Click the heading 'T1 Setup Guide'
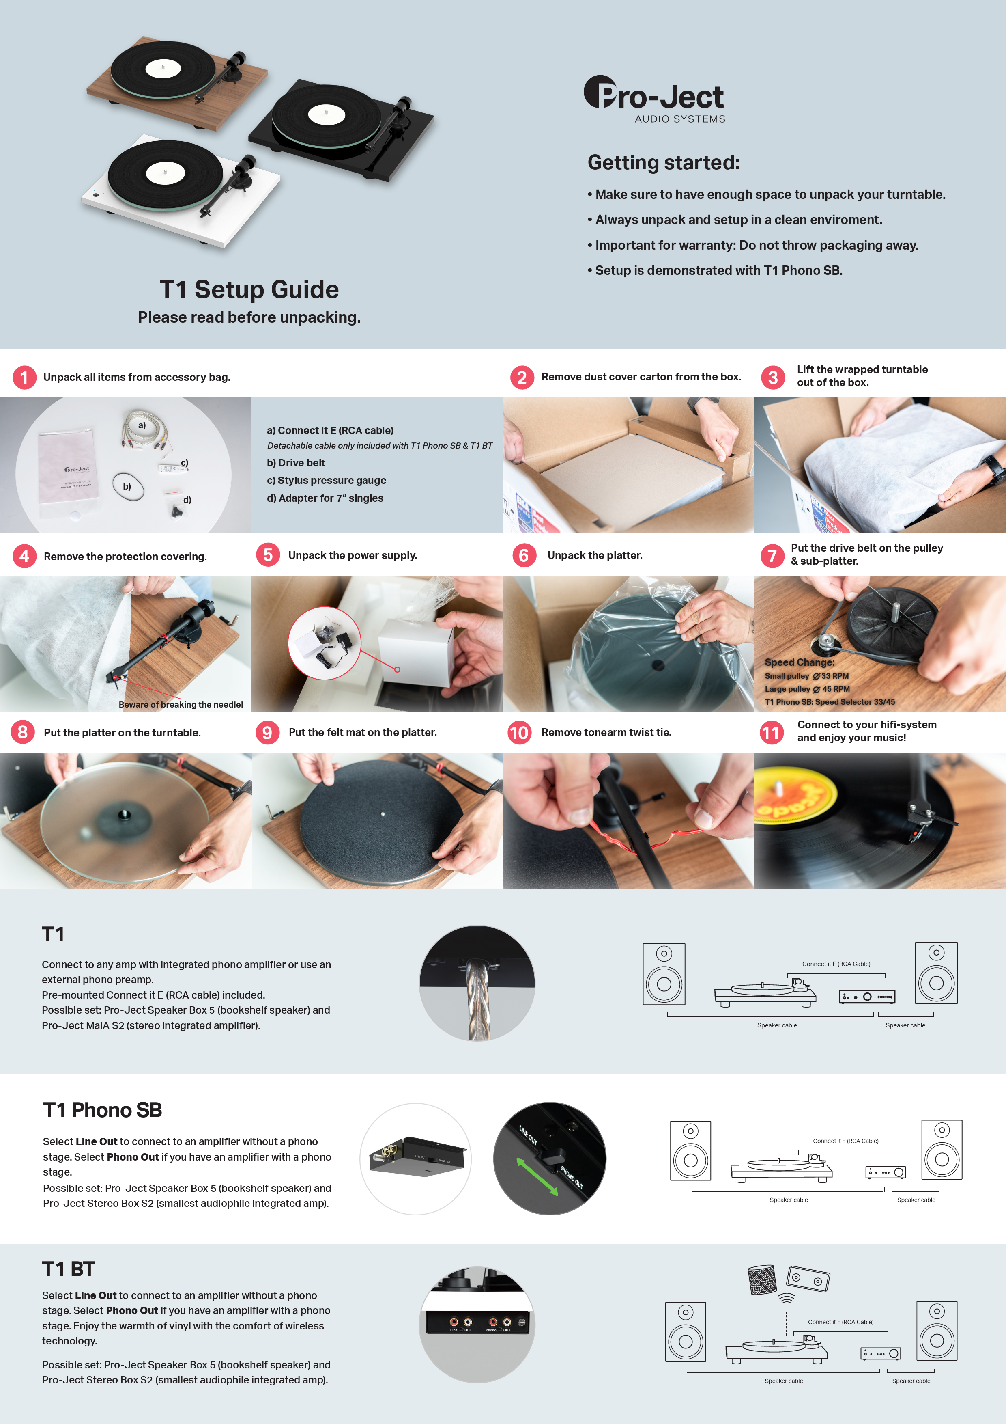pyautogui.click(x=249, y=290)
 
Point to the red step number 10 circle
pyautogui.click(x=519, y=732)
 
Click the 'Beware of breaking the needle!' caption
pyautogui.click(x=181, y=705)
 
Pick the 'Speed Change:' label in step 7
pyautogui.click(x=799, y=662)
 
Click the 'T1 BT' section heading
pyautogui.click(x=68, y=1269)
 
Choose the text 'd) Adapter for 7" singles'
pyautogui.click(x=325, y=498)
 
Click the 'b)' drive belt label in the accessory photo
pyautogui.click(x=127, y=487)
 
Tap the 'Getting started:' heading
pyautogui.click(x=663, y=162)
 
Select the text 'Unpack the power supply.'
pyautogui.click(x=352, y=555)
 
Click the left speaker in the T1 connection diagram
pyautogui.click(x=664, y=974)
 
